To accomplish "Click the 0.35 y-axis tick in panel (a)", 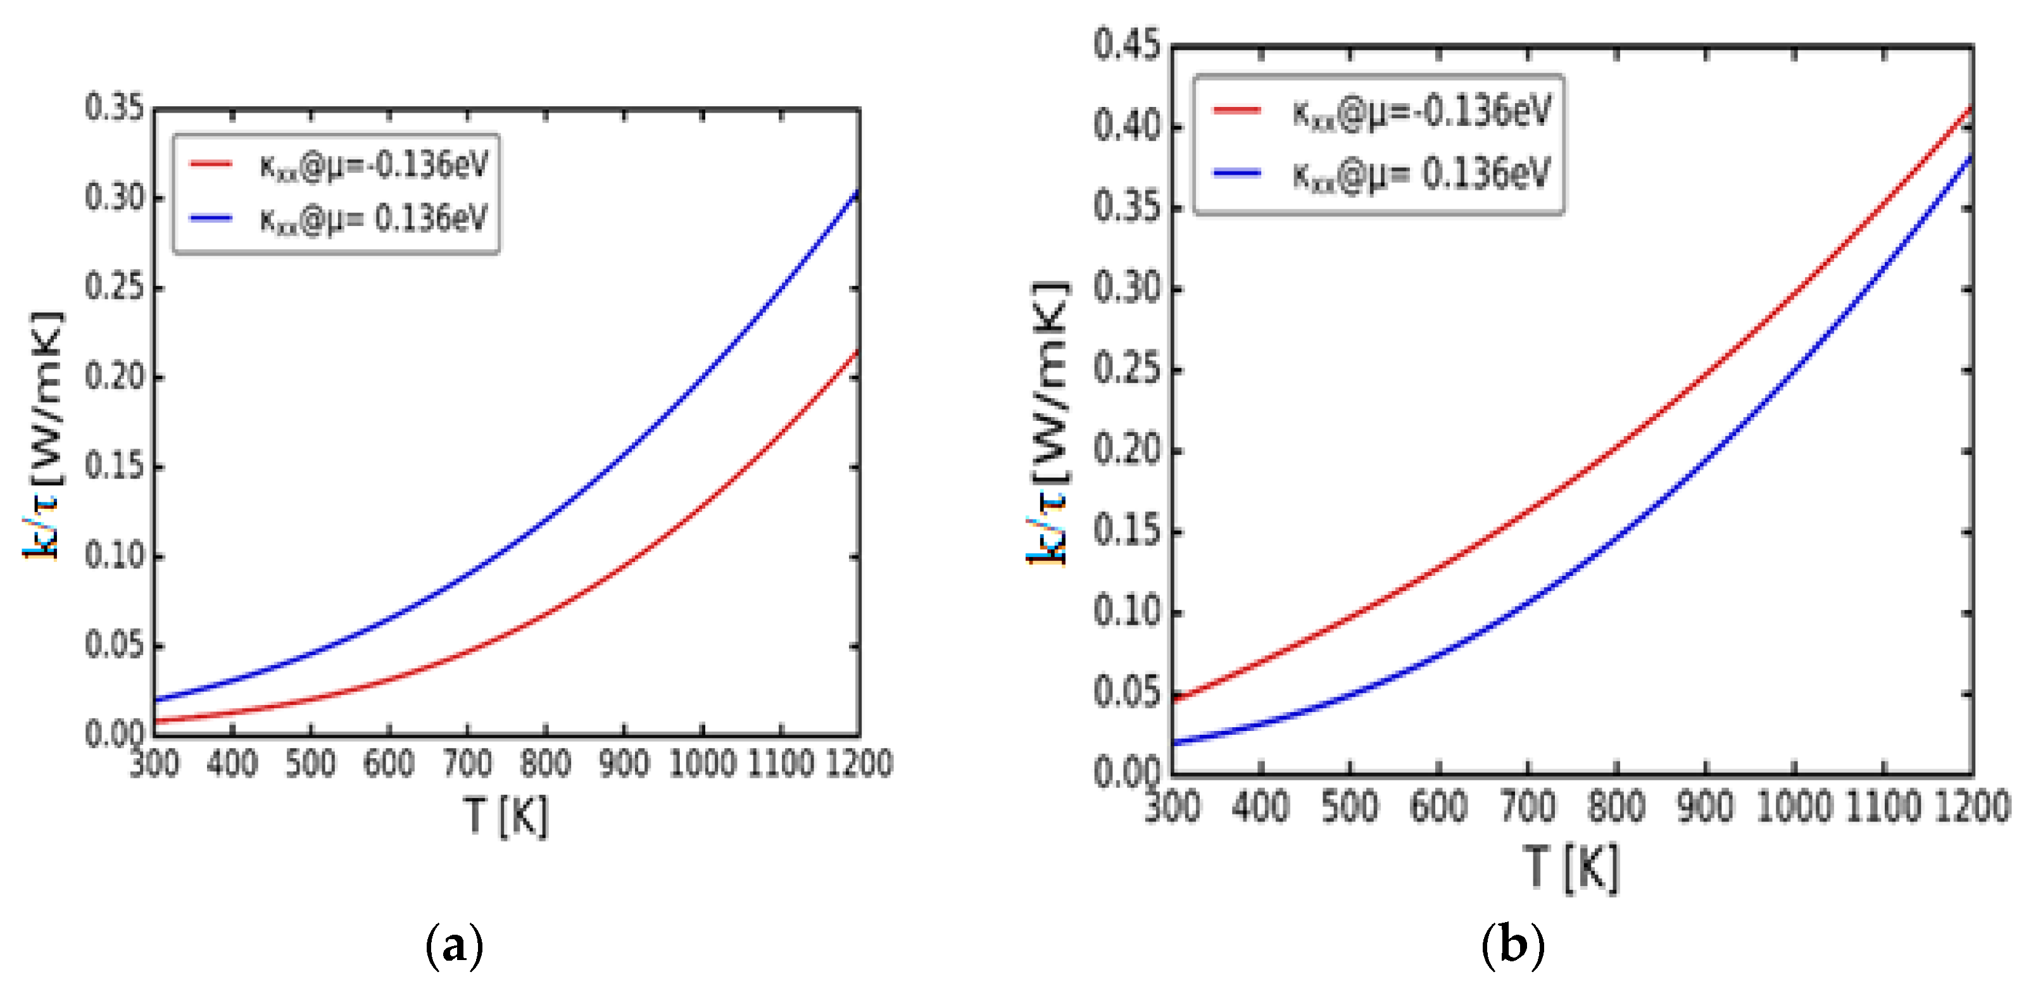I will coord(115,108).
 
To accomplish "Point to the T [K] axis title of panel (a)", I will coord(505,816).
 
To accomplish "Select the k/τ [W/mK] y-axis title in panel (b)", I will coord(1048,423).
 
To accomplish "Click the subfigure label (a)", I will coord(454,945).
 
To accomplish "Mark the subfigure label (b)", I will coord(1513,944).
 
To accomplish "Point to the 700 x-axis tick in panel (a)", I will coord(467,763).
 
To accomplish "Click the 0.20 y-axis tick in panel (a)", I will coord(115,377).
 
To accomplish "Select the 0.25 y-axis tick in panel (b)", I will coord(1128,370).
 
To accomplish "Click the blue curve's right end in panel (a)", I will coord(858,192).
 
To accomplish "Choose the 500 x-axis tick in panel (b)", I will coord(1350,806).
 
